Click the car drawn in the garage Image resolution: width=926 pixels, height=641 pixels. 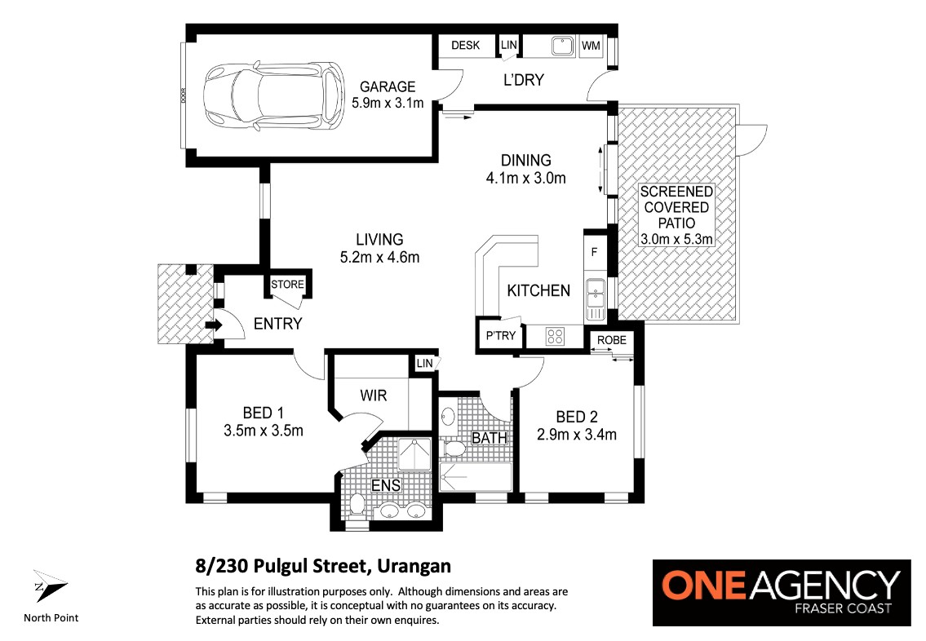click(x=273, y=95)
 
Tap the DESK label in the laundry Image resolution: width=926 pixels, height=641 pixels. click(x=465, y=46)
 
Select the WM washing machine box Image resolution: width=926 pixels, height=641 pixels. click(x=591, y=46)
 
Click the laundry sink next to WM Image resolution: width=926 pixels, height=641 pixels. click(x=563, y=46)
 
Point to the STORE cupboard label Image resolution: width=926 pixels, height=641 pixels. click(x=288, y=285)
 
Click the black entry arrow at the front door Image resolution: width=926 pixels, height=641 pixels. click(x=213, y=325)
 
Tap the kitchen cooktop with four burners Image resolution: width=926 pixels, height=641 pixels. click(x=555, y=337)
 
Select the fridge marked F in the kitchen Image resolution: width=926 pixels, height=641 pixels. click(x=595, y=252)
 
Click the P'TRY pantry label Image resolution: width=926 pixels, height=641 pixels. click(x=501, y=336)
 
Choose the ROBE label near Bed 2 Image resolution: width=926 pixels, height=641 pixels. click(x=612, y=341)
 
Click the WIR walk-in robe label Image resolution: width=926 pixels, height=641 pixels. click(x=373, y=396)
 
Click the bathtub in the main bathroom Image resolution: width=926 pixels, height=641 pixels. click(x=476, y=477)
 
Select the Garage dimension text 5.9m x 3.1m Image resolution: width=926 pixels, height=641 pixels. click(x=388, y=103)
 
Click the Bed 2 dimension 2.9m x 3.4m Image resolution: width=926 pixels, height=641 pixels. click(x=576, y=435)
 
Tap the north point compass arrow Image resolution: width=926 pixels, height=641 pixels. click(x=50, y=586)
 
